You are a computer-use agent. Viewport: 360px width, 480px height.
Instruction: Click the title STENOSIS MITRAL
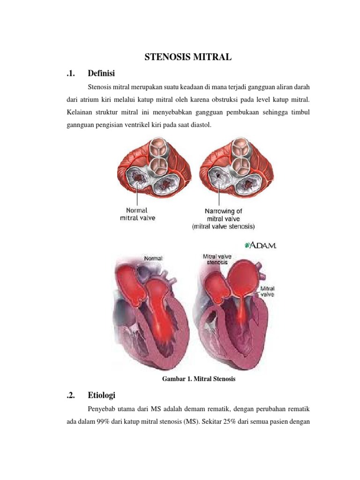coord(187,57)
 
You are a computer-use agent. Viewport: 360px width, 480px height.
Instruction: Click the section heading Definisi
coord(102,73)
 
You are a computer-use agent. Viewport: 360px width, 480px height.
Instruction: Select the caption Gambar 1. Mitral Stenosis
coord(198,379)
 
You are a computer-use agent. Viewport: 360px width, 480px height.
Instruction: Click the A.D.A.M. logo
coord(260,245)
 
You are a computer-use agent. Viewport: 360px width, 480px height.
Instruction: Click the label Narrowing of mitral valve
coord(223,215)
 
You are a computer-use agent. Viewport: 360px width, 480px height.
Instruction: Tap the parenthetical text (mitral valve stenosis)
coord(223,226)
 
